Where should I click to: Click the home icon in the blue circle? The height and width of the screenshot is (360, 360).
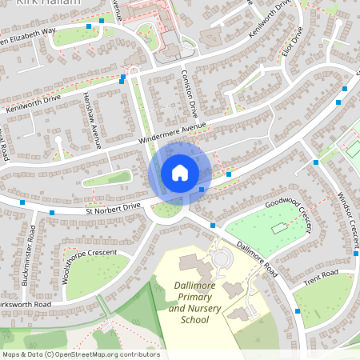click(x=180, y=172)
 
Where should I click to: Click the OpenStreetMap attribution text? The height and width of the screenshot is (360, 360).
click(x=80, y=354)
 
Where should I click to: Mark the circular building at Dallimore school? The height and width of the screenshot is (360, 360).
click(x=222, y=258)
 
